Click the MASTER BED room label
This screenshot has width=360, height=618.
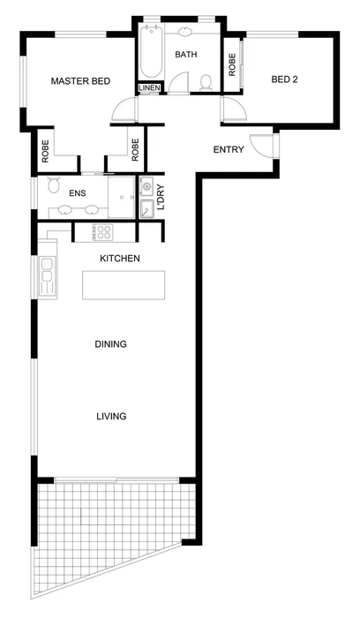click(x=79, y=81)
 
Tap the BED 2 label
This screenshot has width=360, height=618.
click(x=284, y=79)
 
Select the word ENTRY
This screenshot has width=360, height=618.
click(x=229, y=149)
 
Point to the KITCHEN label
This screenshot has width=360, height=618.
click(x=120, y=258)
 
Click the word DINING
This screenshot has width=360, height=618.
click(x=111, y=344)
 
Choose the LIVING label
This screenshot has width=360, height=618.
click(x=111, y=416)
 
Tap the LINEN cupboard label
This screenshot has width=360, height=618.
click(x=148, y=87)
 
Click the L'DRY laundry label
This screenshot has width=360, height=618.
click(x=161, y=194)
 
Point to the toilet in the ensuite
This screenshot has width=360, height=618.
click(x=52, y=187)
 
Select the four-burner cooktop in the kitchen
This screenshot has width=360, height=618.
click(x=104, y=233)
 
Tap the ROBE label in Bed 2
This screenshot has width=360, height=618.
click(x=232, y=66)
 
